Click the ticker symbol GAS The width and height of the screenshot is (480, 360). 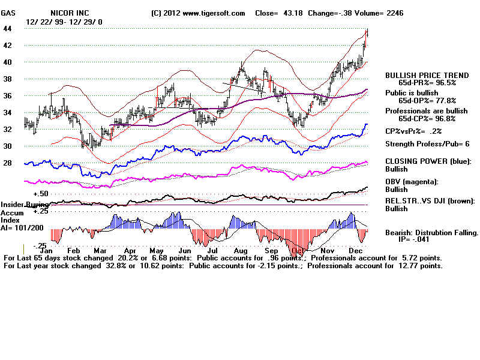point(9,13)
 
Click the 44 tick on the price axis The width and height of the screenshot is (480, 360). point(8,29)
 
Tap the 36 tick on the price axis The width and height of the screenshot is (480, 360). point(8,95)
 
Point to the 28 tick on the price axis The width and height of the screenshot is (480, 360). point(8,163)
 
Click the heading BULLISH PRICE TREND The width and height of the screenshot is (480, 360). point(427,75)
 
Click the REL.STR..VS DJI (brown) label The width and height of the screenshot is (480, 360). point(430,201)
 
